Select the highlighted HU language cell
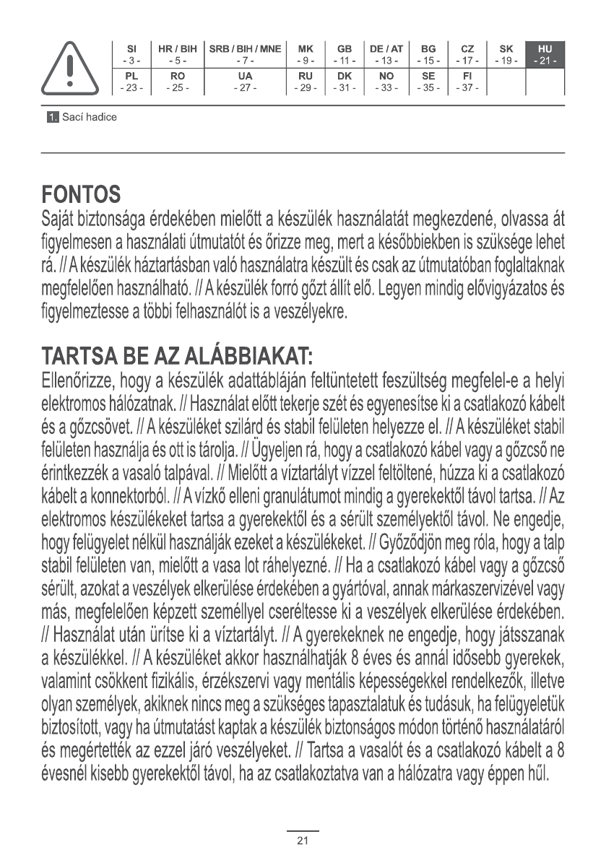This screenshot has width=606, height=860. click(x=545, y=55)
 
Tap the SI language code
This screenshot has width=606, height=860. click(x=131, y=49)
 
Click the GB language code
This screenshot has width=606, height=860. click(x=345, y=49)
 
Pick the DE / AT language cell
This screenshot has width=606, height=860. click(x=386, y=55)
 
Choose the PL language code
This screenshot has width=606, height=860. click(x=131, y=75)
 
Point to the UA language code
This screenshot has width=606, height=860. click(x=245, y=75)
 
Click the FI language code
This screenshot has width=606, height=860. click(x=467, y=75)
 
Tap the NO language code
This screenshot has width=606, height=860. click(x=386, y=75)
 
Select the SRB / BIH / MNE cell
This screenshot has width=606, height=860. click(x=245, y=55)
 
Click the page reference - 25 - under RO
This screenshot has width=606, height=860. click(x=173, y=87)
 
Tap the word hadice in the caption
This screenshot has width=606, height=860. click(x=101, y=117)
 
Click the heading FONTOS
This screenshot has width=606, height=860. click(x=80, y=195)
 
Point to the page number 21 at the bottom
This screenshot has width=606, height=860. click(x=303, y=841)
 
